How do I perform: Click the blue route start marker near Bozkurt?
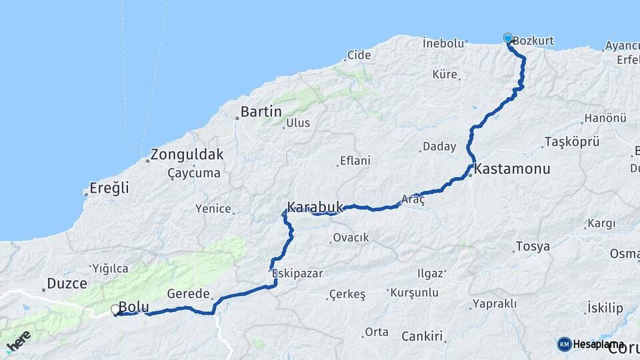[508, 38]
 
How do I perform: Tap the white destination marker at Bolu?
[115, 310]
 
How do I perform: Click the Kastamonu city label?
[512, 169]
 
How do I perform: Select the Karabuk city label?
[314, 207]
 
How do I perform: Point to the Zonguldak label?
[187, 155]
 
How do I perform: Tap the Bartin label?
[261, 112]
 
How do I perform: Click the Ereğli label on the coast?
[111, 188]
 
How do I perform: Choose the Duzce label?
[67, 283]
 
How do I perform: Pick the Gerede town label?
[189, 294]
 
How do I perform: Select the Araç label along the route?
[413, 199]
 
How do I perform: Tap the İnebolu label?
[443, 43]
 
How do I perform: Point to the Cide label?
[359, 55]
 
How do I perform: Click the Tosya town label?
[535, 247]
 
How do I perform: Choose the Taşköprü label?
[572, 141]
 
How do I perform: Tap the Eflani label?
[355, 161]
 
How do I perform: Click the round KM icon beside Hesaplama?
[564, 344]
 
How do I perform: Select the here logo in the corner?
[19, 341]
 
